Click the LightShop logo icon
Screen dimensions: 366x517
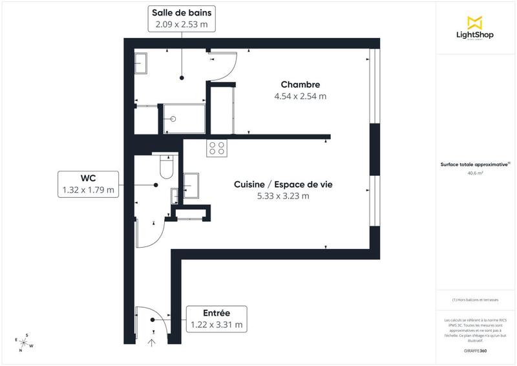[475, 23]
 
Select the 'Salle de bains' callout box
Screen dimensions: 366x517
[182, 18]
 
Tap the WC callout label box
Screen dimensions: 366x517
[88, 184]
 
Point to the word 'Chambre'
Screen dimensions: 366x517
[300, 85]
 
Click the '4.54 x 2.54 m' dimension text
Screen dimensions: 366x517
[300, 96]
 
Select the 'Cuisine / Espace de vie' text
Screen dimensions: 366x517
[283, 184]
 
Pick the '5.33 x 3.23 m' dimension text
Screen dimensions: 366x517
[283, 196]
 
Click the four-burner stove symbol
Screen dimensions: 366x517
[216, 148]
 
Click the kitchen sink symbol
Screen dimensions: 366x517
[193, 184]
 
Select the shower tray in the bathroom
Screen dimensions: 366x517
[184, 119]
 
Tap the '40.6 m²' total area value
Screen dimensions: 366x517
[475, 173]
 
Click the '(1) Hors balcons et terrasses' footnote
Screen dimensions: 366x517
[475, 300]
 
